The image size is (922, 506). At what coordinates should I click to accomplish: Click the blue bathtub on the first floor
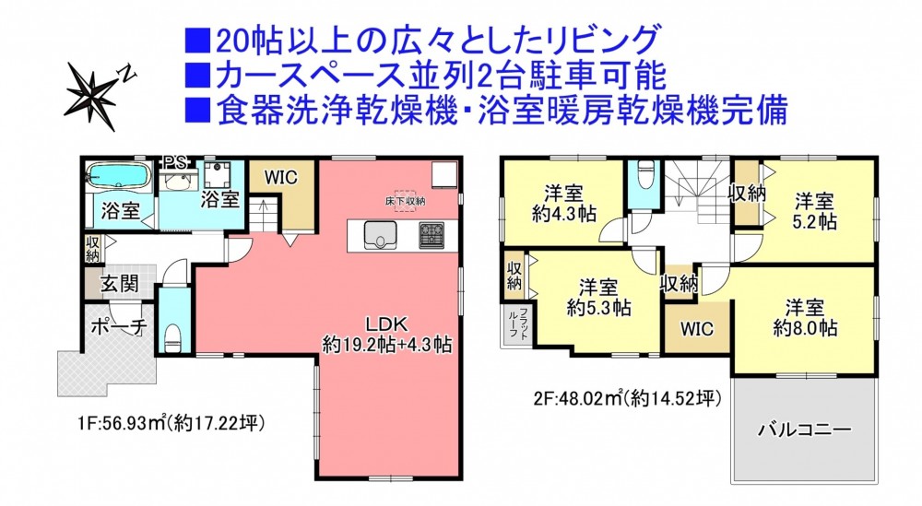click(x=117, y=175)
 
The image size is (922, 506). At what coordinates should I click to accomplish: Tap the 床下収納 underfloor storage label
click(x=405, y=201)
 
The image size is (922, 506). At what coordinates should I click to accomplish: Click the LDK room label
click(x=386, y=324)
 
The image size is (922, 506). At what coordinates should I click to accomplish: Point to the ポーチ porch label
click(x=118, y=326)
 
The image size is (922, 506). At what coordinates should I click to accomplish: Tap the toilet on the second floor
click(x=645, y=174)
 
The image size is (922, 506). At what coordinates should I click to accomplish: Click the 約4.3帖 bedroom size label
click(x=564, y=214)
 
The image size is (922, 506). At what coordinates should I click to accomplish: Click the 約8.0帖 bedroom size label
click(x=804, y=327)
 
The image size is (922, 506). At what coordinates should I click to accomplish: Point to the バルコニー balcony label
click(x=804, y=430)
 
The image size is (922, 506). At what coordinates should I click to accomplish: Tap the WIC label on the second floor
click(x=697, y=328)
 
